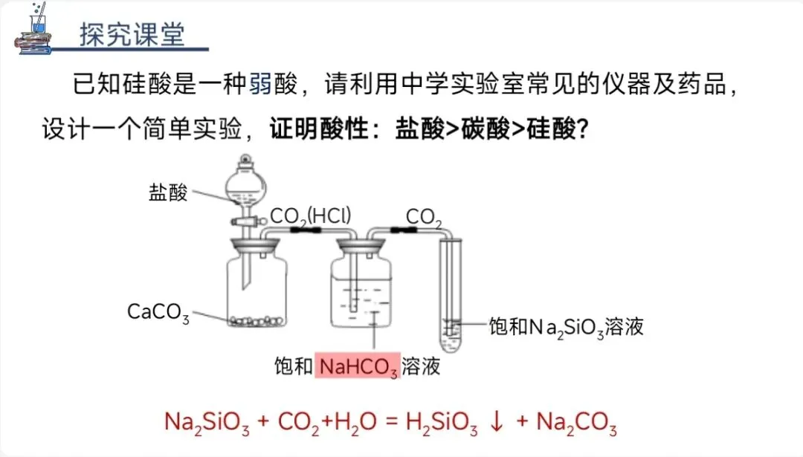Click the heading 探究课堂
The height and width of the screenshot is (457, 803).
coord(132,35)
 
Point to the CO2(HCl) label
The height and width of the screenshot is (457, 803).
coord(311,215)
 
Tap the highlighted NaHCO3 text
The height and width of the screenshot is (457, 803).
coord(358,366)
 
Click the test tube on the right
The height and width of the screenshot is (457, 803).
coord(450,297)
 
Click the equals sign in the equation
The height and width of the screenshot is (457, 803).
coord(387,422)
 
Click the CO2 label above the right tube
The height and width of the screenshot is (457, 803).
coord(424,217)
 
